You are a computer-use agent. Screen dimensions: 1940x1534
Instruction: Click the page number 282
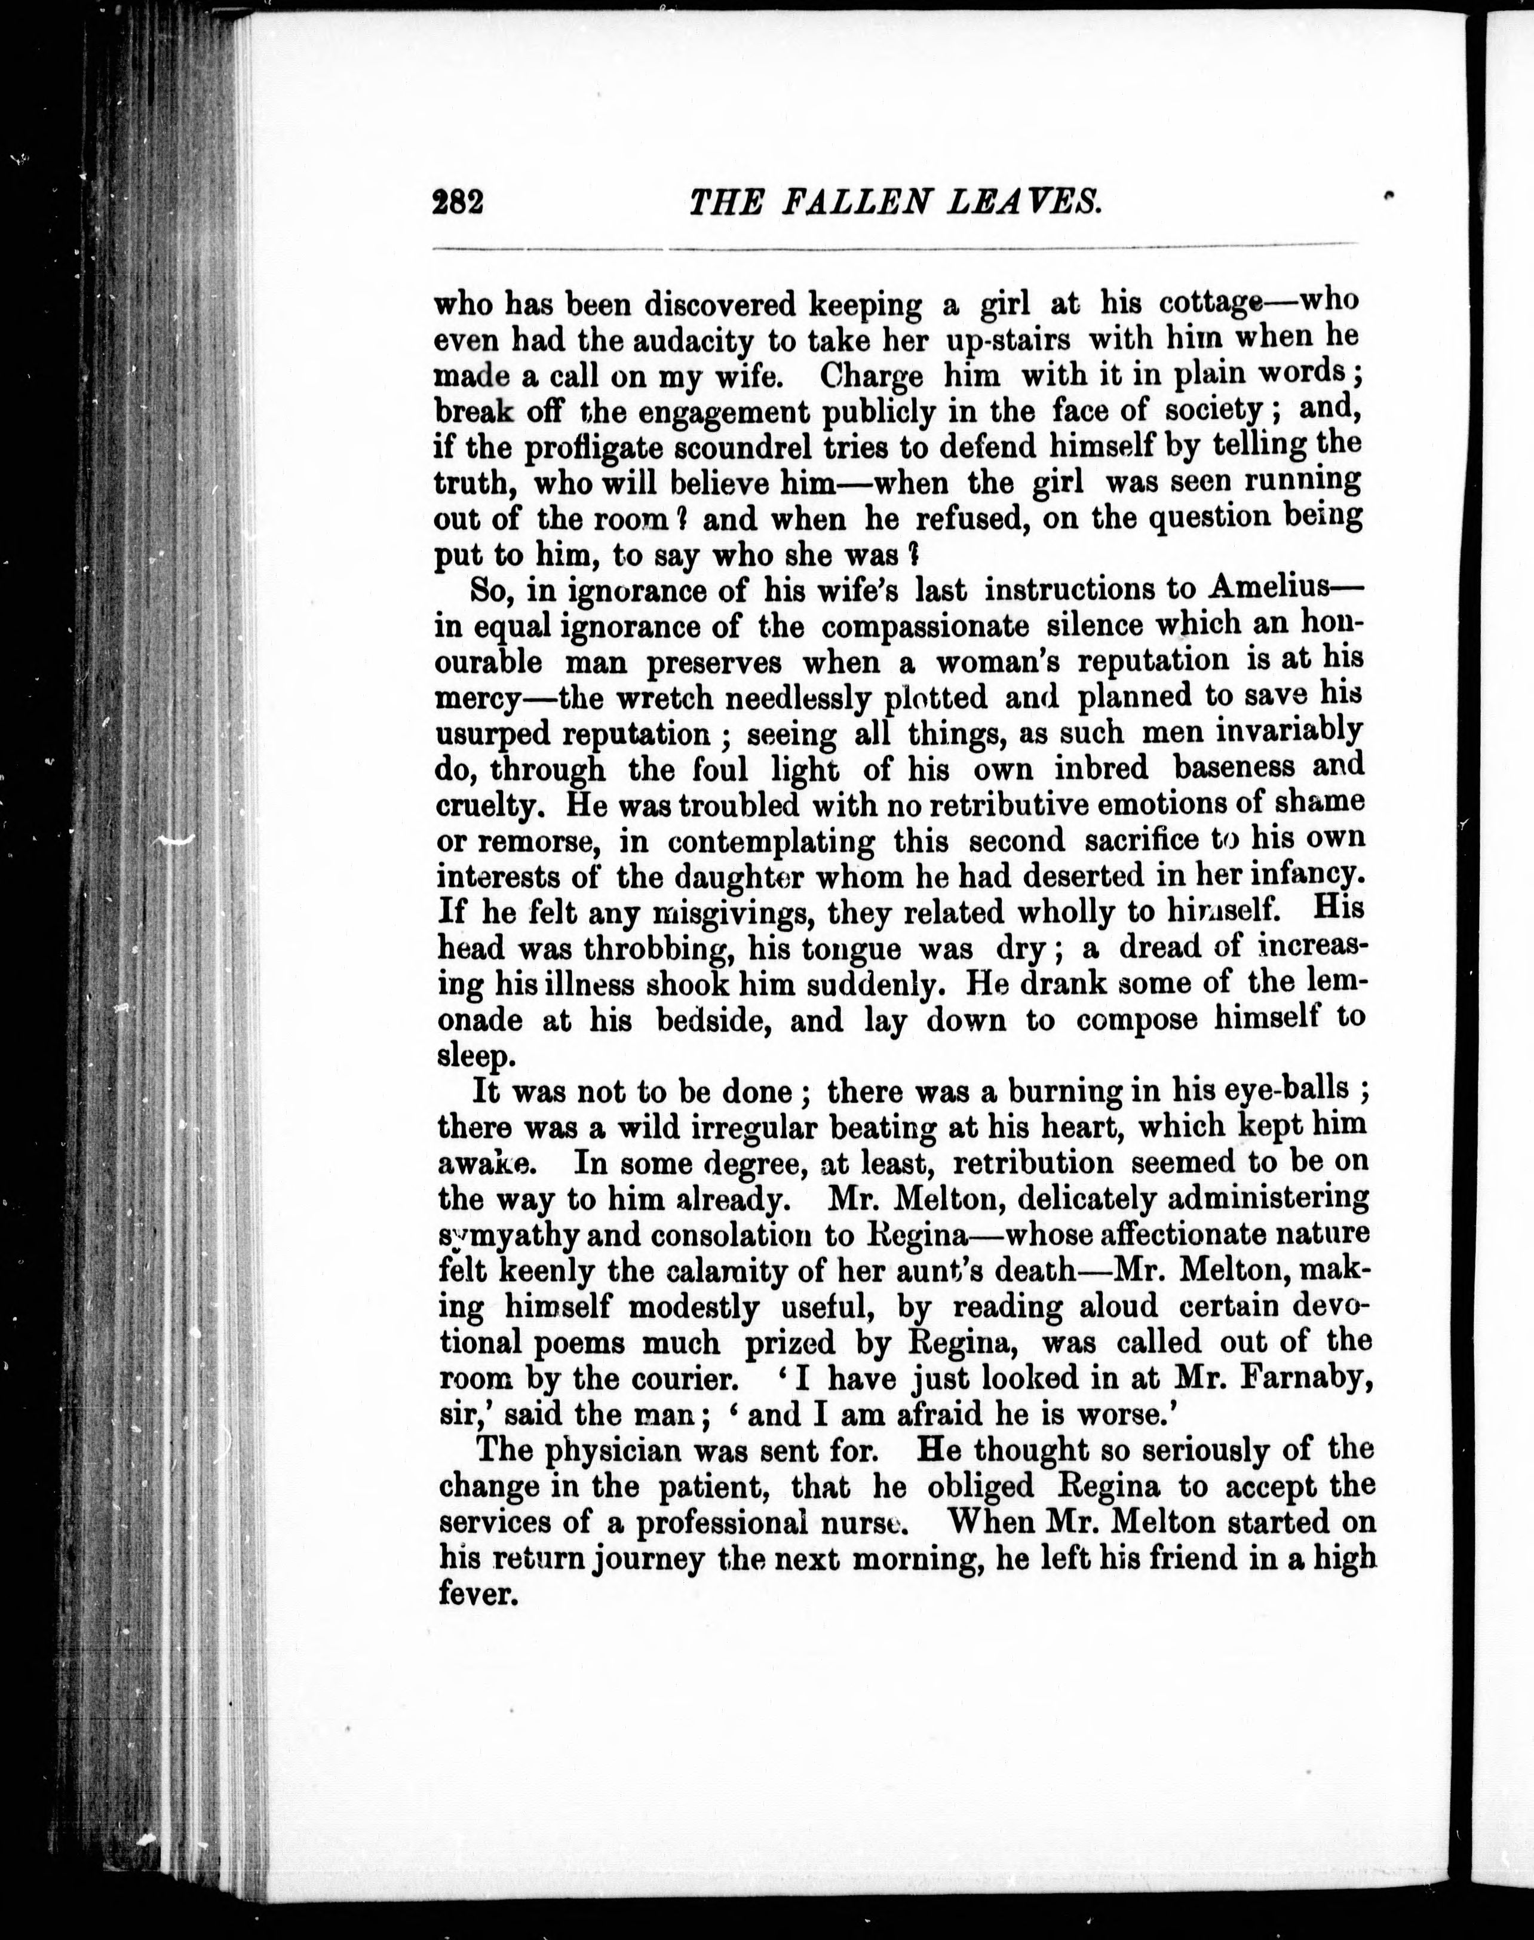(458, 201)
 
